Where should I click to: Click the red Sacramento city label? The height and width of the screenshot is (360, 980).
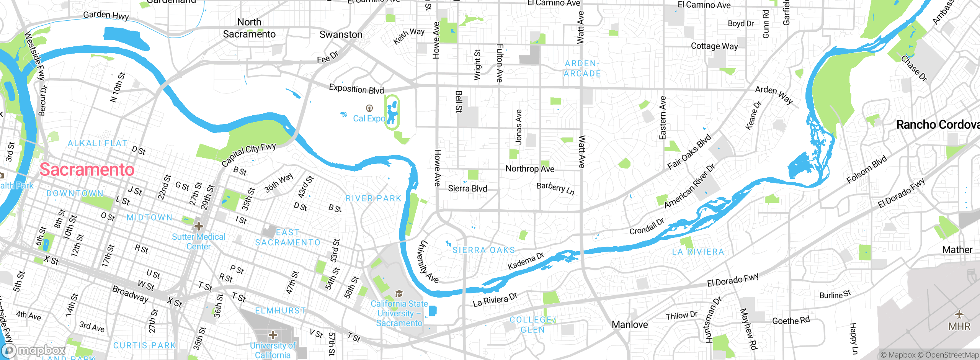tap(87, 170)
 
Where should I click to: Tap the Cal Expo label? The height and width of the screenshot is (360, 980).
tap(369, 119)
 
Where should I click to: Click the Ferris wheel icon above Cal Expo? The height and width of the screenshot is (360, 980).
tap(369, 108)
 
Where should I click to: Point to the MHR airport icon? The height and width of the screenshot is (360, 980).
tap(959, 315)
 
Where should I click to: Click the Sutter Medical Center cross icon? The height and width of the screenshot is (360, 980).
tap(198, 226)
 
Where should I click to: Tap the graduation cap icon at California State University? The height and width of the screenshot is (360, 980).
tap(399, 294)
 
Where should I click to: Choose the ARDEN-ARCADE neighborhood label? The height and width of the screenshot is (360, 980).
tap(582, 69)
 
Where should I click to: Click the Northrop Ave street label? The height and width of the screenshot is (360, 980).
tap(530, 169)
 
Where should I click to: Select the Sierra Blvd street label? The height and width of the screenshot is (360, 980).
tap(467, 188)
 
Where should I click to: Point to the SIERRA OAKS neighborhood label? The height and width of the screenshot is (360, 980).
tap(484, 250)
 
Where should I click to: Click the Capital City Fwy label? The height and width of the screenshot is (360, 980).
tap(249, 154)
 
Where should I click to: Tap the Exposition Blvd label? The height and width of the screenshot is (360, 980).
tap(356, 89)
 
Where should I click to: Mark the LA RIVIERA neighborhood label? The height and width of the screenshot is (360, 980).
tap(698, 252)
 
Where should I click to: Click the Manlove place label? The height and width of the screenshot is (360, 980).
tap(630, 325)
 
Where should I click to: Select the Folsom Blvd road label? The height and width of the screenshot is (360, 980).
tap(867, 169)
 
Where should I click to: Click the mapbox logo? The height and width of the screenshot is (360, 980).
tap(34, 350)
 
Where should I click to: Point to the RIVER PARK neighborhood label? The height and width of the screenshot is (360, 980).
tap(373, 198)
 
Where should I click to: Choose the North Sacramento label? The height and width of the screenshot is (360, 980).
tap(249, 28)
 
